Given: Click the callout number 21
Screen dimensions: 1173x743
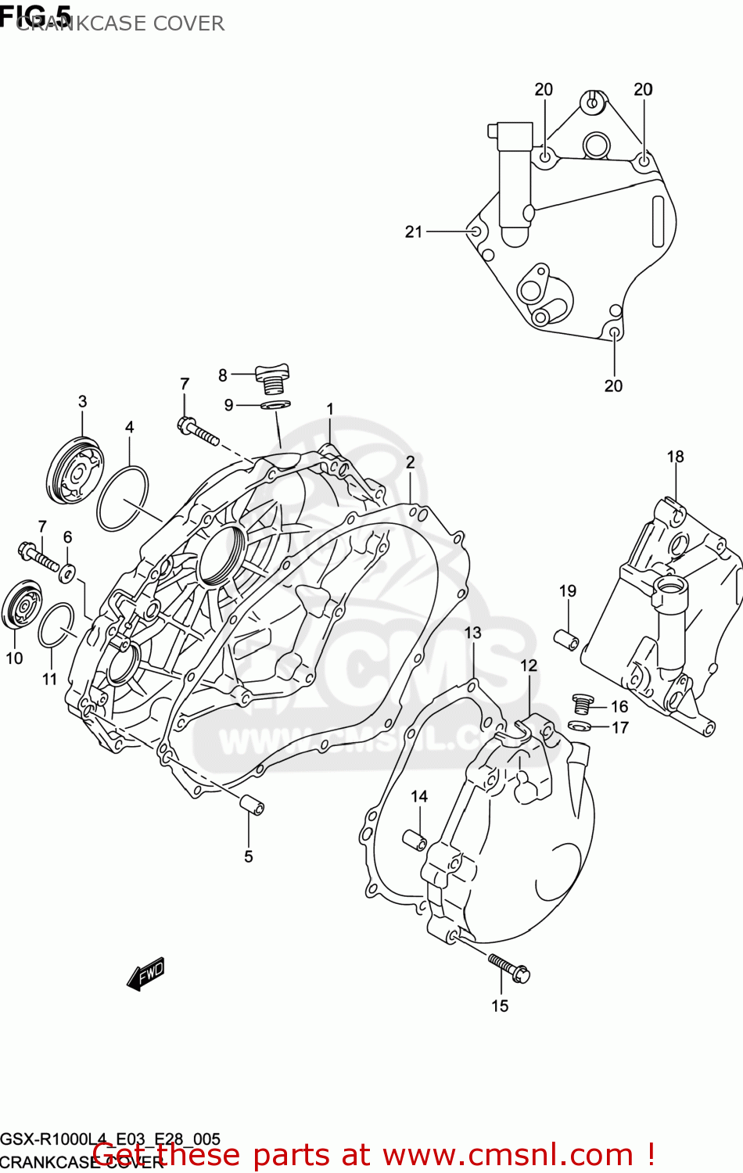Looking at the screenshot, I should click(413, 231).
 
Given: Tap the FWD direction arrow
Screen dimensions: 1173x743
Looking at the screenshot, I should click(146, 974).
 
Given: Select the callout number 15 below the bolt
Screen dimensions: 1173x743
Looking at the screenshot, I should click(500, 1006).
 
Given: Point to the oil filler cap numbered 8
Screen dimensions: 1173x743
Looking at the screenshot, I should click(272, 378).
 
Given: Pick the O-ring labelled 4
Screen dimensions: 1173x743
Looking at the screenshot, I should click(123, 498).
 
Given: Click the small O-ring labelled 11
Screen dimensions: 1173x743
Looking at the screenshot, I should click(56, 626).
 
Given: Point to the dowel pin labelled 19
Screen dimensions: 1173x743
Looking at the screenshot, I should click(566, 640).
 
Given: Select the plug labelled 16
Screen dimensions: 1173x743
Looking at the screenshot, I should click(580, 703).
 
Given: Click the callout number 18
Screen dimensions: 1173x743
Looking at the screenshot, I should click(675, 456).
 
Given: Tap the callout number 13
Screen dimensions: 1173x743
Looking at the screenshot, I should click(472, 632).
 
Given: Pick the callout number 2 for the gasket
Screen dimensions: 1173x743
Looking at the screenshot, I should click(410, 462).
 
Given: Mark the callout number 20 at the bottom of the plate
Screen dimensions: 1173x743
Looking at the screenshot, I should click(613, 386).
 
